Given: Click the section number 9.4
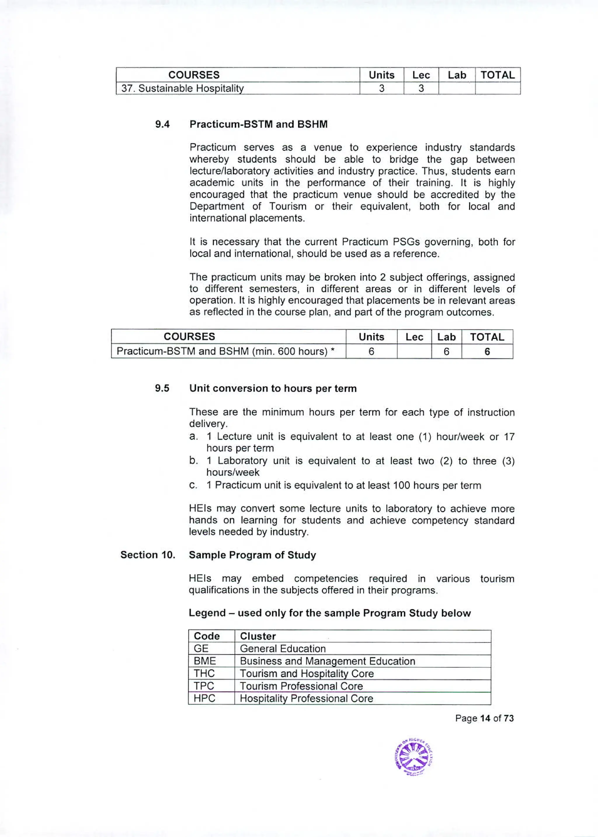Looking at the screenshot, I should [162, 124].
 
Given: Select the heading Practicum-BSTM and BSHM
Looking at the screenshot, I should [258, 124].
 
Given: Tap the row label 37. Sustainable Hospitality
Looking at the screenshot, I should [182, 88].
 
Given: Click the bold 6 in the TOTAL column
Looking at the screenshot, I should [487, 352].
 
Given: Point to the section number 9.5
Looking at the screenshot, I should [162, 389].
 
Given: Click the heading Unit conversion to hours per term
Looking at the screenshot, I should [273, 389].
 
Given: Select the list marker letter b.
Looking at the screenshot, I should [193, 461].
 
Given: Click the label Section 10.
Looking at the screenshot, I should [148, 555].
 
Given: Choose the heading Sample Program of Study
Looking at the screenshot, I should [252, 555].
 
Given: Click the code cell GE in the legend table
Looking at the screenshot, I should [201, 649].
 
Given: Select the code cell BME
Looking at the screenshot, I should [205, 661].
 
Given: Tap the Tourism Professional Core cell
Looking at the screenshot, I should [301, 686].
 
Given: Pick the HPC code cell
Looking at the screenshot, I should [204, 698].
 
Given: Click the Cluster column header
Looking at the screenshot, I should [258, 636].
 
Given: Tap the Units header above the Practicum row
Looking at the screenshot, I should [371, 337].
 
